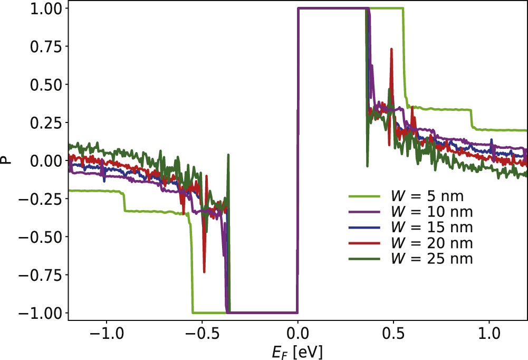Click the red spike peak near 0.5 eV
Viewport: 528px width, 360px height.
pos(391,49)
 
